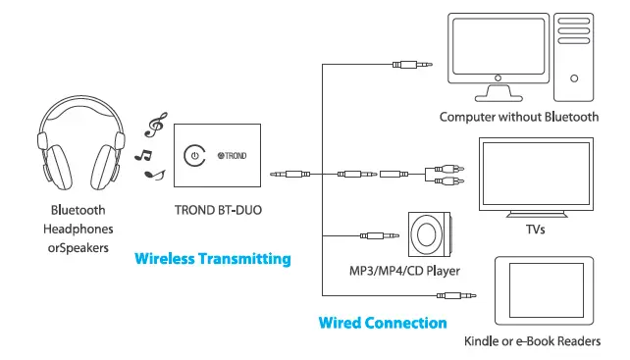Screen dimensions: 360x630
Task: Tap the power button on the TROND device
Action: tap(195, 155)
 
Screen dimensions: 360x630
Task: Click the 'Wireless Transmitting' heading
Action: tap(212, 259)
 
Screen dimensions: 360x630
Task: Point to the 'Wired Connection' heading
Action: tap(383, 322)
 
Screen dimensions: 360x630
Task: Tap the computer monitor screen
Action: tap(495, 50)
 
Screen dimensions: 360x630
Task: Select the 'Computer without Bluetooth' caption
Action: tap(518, 117)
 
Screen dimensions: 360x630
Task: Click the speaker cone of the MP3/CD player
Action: tap(431, 235)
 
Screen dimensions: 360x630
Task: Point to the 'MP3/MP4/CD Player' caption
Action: tap(404, 269)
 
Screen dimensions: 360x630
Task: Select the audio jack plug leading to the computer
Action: tap(412, 65)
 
